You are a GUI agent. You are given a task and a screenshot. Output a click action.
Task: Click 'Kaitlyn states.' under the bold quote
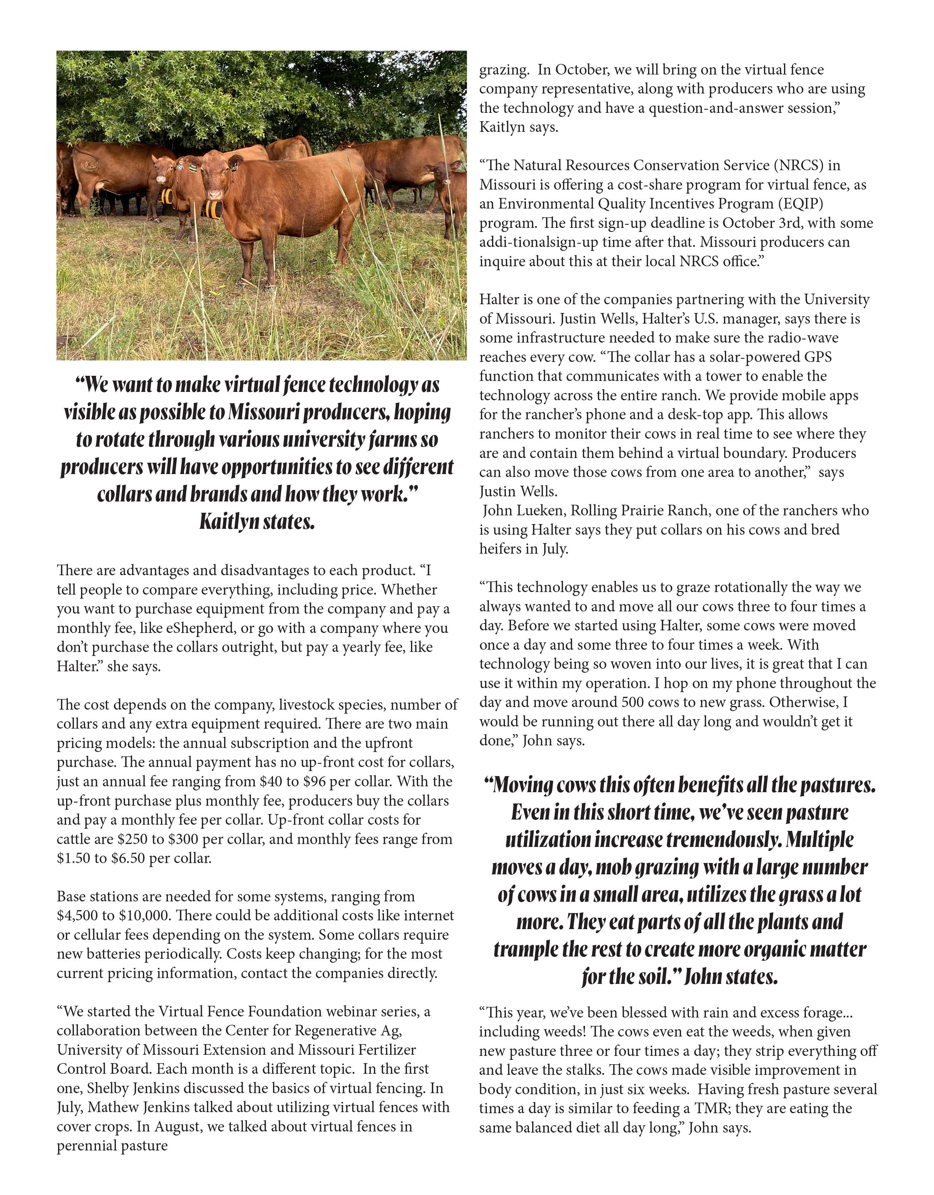tap(257, 522)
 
